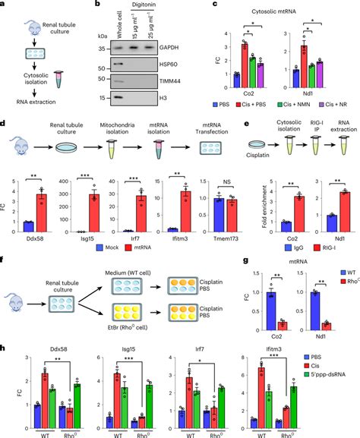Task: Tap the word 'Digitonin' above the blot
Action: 167,5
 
